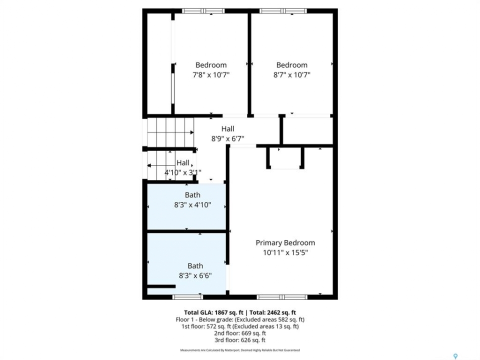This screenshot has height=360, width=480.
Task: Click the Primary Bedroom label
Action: point(285,243)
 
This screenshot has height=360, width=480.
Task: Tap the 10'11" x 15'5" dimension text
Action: point(285,252)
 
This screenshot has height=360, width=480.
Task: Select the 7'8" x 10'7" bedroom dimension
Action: point(211,74)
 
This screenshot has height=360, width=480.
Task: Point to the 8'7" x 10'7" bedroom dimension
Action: point(291,74)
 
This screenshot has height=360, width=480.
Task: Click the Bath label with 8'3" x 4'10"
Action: point(192,195)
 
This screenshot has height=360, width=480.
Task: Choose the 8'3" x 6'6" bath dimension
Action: point(195,275)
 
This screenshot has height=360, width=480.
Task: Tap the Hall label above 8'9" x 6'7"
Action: point(228,129)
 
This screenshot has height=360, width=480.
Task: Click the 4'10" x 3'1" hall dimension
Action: point(183,172)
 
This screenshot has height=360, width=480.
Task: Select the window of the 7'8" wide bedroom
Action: point(203,11)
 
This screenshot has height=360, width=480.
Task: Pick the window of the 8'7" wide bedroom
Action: point(283,11)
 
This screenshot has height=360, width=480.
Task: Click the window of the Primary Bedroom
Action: point(282,297)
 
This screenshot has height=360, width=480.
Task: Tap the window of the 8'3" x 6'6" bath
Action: point(187,297)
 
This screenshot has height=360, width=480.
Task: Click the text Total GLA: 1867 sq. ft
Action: point(213,312)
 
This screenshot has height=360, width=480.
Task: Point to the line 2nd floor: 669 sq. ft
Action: point(240,333)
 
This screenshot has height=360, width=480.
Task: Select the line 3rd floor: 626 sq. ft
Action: point(240,340)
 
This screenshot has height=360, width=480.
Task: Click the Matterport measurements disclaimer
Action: point(240,350)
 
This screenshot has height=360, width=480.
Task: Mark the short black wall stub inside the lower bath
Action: point(161,286)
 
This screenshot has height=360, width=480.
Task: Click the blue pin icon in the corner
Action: point(455,356)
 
